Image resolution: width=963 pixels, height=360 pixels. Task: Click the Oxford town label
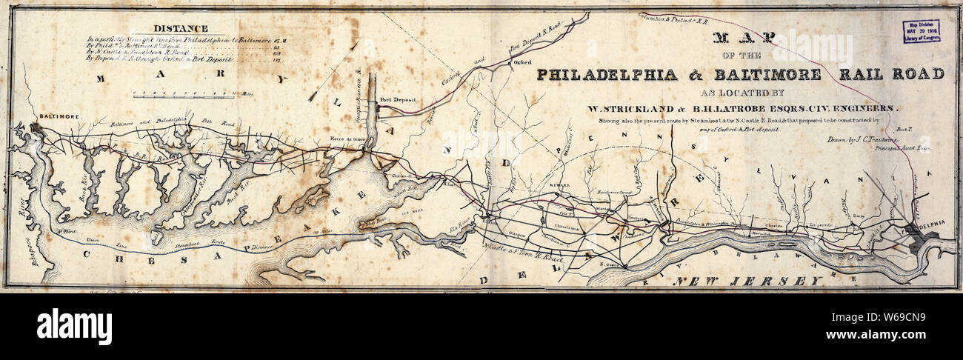(523, 64)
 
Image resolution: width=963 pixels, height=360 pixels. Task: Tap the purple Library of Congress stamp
(921, 31)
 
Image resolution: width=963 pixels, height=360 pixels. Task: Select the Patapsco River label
(27, 244)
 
